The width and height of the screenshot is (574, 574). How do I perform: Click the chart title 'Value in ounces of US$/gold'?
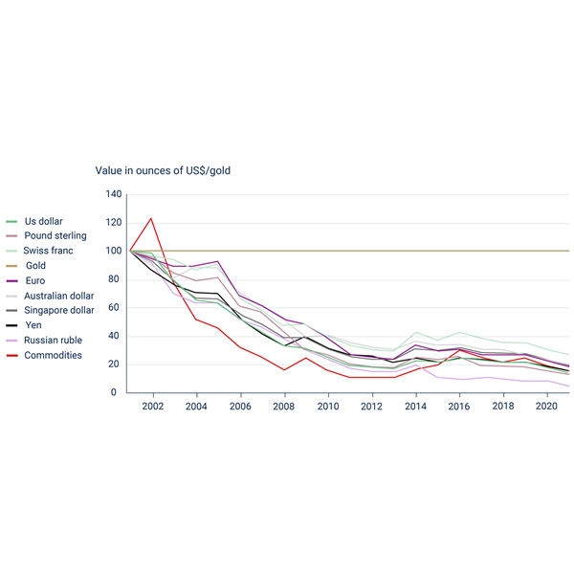pos(163,170)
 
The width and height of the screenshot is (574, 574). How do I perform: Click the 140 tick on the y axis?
pos(114,194)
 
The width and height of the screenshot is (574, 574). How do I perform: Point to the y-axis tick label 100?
pos(114,251)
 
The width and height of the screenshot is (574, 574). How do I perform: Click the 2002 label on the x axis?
pos(151,407)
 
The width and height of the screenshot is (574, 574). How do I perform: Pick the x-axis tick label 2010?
pos(327,407)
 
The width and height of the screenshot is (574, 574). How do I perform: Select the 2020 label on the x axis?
pos(547,407)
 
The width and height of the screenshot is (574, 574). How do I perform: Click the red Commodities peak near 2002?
pos(150,218)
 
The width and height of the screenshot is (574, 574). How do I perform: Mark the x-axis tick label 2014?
pos(415,407)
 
